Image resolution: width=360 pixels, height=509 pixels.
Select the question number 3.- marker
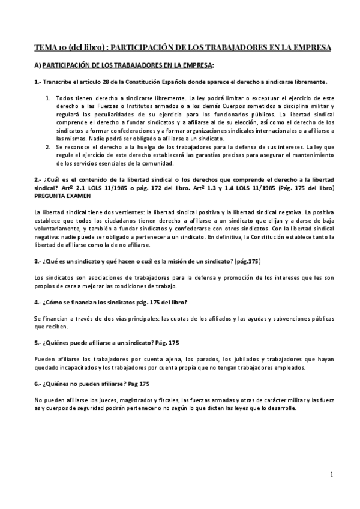pos(38,262)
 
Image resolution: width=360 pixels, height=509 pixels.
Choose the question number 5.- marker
pos(38,343)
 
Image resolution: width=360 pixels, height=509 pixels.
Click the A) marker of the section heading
pos(38,65)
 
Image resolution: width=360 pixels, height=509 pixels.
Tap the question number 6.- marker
pos(38,383)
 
